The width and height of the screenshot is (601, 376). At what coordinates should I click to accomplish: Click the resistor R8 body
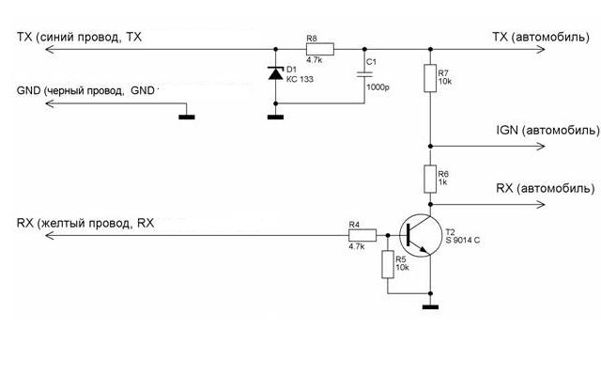[320, 50]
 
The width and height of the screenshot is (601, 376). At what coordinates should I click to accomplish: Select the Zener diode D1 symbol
[275, 73]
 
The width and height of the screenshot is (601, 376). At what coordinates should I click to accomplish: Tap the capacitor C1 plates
[364, 73]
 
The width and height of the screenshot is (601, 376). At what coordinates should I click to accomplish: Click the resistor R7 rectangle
[430, 78]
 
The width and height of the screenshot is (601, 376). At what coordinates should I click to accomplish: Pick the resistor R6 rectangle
[430, 179]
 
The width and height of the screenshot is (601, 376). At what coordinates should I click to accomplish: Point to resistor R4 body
[362, 235]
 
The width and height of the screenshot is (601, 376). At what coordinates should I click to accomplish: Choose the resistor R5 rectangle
[388, 264]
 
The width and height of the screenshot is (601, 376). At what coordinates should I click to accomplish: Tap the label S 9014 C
[463, 241]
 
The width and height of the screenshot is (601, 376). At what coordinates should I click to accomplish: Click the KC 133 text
[300, 79]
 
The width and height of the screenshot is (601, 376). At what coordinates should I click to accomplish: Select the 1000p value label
[378, 87]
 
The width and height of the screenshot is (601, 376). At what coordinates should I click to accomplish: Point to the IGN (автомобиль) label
[548, 130]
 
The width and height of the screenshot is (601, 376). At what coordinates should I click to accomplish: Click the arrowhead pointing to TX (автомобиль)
[541, 50]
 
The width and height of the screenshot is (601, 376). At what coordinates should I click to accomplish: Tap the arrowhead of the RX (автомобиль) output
[541, 205]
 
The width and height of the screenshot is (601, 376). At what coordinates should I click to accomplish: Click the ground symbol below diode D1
[275, 117]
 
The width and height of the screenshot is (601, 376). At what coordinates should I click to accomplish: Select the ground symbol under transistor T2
[430, 307]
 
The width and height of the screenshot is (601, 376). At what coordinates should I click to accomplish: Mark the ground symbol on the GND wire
[187, 117]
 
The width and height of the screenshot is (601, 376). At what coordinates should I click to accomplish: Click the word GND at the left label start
[28, 91]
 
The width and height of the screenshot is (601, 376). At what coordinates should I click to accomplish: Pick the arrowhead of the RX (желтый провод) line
[50, 235]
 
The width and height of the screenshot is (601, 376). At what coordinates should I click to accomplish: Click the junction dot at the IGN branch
[430, 147]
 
